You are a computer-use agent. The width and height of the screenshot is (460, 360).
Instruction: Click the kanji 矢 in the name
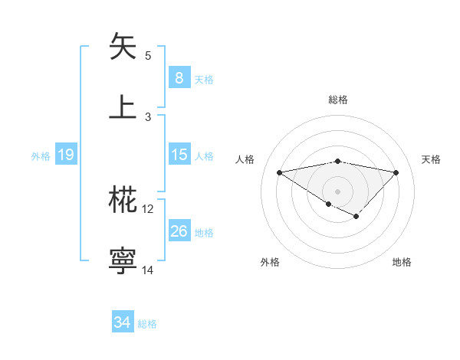click(x=123, y=47)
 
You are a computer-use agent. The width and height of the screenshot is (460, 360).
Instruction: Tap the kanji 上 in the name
click(x=123, y=106)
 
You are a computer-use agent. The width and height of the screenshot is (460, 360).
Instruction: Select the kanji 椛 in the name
click(x=123, y=200)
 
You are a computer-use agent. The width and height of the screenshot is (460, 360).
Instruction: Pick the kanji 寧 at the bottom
click(x=123, y=260)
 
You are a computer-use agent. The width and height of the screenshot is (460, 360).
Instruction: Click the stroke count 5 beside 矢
click(x=148, y=56)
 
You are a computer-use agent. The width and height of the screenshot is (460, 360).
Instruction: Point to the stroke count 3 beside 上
click(x=148, y=116)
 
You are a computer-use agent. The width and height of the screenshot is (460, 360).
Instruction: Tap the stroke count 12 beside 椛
click(x=148, y=209)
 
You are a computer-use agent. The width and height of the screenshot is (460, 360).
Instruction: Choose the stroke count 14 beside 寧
click(x=148, y=270)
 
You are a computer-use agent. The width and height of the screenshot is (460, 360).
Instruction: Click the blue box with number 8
click(x=179, y=77)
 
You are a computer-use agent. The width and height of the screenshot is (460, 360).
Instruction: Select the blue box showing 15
click(x=179, y=155)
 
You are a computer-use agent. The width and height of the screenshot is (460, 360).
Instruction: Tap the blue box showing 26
click(x=179, y=231)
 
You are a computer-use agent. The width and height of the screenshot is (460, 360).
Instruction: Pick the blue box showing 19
click(x=65, y=155)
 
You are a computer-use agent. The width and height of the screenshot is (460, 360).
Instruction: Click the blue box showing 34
click(x=122, y=322)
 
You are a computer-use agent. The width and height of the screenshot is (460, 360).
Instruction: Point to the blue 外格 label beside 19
click(x=41, y=155)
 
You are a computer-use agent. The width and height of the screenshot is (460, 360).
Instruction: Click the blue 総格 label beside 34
click(x=147, y=324)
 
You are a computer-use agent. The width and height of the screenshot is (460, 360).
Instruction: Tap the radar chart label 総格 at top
click(x=338, y=100)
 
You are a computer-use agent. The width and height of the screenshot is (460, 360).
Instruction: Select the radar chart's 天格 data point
click(x=396, y=172)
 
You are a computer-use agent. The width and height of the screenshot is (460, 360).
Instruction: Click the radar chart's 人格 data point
click(x=280, y=172)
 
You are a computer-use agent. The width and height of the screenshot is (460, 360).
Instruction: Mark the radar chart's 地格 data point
click(x=356, y=217)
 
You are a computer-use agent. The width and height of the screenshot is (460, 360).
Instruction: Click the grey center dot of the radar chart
click(x=337, y=191)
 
